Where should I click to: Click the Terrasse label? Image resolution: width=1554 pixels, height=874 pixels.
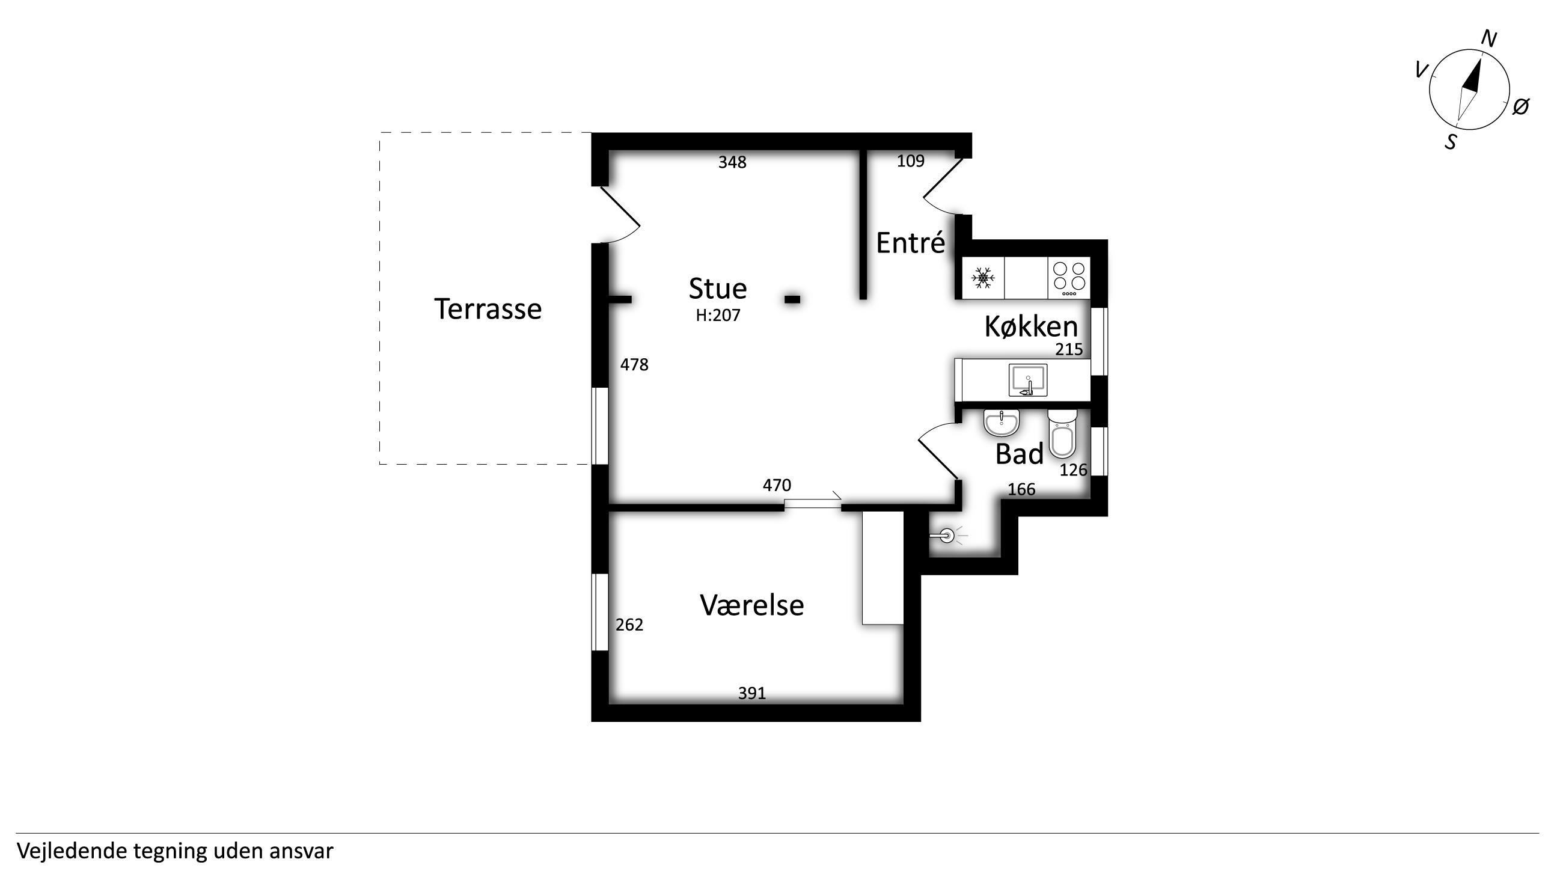(488, 309)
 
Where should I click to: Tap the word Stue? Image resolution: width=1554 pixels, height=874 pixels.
(718, 289)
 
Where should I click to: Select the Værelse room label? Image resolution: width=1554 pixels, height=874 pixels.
(751, 605)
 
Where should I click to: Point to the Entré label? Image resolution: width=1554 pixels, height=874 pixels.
(910, 242)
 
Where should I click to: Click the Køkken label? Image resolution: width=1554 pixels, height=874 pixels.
(1031, 326)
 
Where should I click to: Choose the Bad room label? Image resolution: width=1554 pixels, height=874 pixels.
(1020, 454)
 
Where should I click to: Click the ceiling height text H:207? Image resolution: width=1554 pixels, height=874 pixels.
(718, 316)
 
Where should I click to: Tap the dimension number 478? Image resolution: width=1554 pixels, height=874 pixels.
(635, 364)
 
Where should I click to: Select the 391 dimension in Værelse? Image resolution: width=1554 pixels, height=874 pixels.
(752, 693)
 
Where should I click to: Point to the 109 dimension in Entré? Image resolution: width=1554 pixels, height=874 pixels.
(911, 161)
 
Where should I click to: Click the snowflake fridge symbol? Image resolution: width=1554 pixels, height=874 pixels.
(983, 278)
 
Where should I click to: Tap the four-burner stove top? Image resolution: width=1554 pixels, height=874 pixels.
(1069, 278)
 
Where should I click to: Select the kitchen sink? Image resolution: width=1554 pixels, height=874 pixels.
(1028, 380)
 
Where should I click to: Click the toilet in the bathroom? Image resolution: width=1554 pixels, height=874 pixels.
(1062, 433)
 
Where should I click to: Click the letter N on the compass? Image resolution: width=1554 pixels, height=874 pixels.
(1489, 39)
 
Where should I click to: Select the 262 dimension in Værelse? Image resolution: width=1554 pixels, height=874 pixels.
(629, 625)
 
